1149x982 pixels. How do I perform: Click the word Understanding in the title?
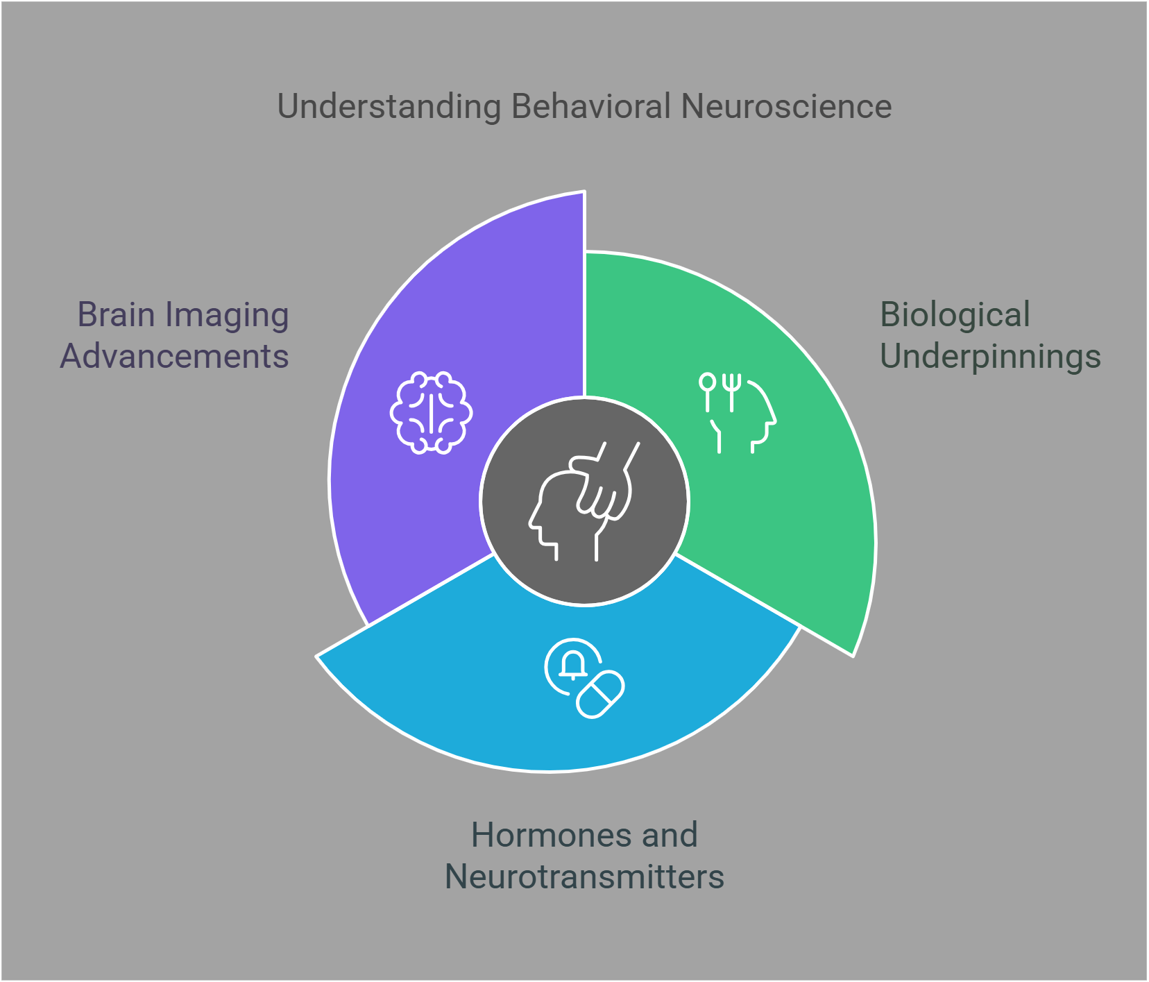[x=389, y=108]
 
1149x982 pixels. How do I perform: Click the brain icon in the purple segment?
[x=431, y=413]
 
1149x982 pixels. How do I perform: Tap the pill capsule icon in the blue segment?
[x=601, y=694]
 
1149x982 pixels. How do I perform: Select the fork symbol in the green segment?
[x=731, y=391]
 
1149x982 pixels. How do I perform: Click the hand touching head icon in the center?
[x=584, y=501]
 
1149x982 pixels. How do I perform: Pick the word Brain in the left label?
[x=115, y=315]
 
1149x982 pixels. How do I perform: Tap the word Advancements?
[x=174, y=357]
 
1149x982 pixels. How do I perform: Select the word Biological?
[x=955, y=315]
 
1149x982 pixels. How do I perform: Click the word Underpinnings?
[x=990, y=357]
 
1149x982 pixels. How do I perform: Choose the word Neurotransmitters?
[x=584, y=877]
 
